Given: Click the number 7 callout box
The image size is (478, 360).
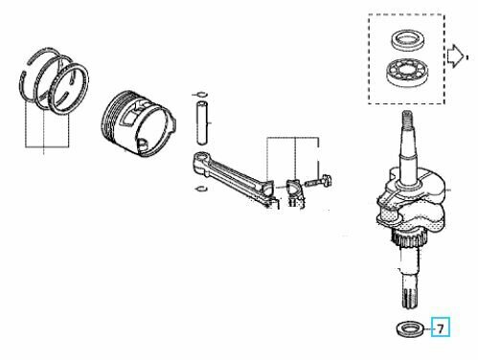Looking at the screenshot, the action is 441,327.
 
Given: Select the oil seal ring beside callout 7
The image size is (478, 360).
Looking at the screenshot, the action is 410,329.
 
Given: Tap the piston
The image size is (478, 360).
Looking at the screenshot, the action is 138,124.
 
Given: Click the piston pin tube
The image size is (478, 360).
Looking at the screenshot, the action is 202,123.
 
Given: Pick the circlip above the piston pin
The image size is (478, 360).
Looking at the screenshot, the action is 200,94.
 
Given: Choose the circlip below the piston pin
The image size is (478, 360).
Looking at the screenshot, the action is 200,188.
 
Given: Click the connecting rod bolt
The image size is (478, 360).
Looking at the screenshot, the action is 319,182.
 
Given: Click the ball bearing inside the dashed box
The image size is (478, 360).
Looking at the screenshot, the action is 406,72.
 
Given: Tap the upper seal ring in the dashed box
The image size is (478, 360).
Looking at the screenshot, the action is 407,40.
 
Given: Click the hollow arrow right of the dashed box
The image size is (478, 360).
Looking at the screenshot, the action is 455,56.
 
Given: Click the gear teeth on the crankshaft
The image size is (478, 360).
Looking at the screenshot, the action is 408,239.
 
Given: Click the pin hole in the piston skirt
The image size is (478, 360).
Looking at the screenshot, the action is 143,144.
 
